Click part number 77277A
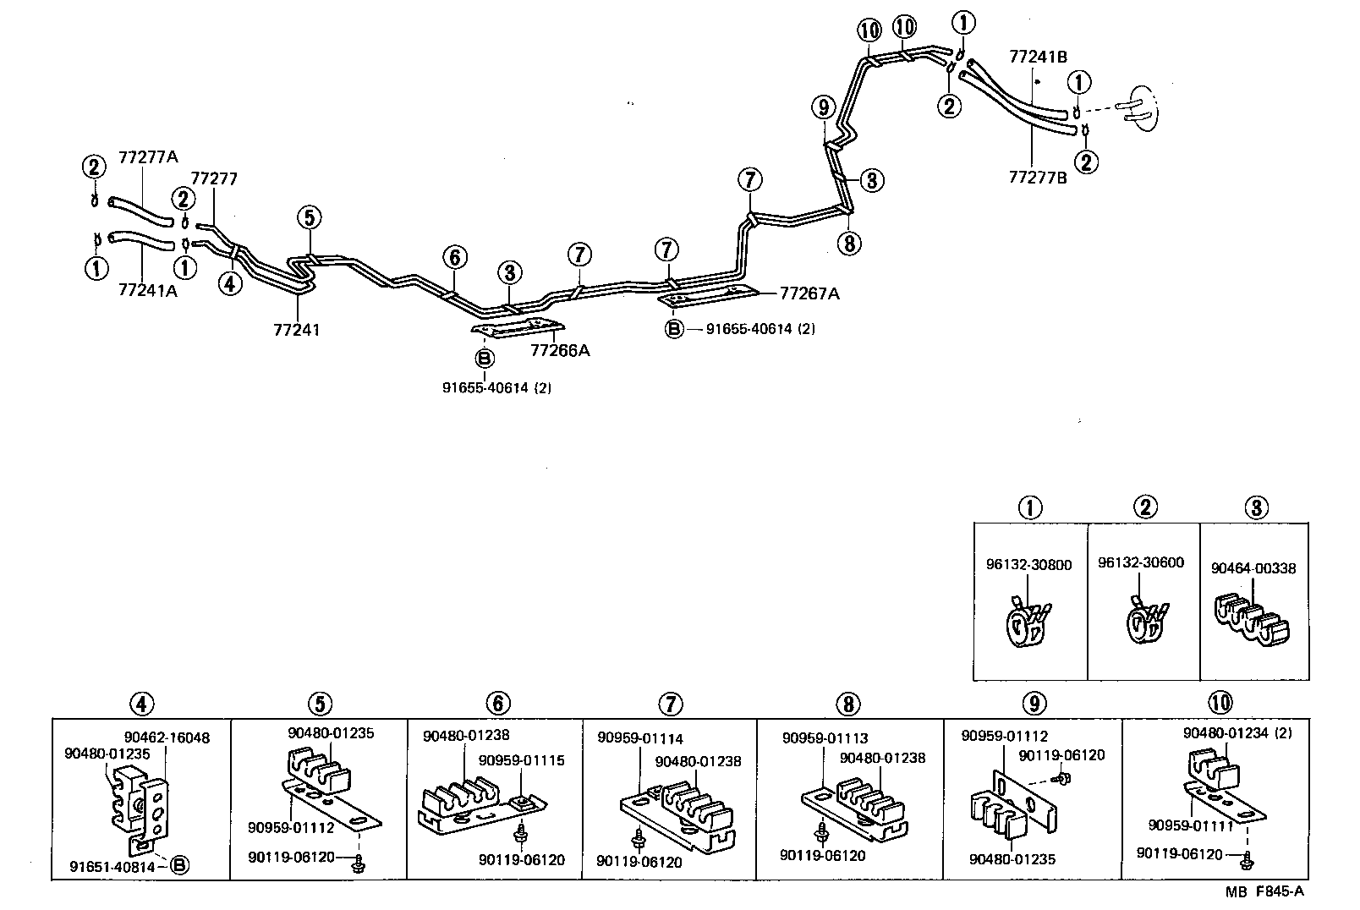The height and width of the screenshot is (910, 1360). click(x=149, y=156)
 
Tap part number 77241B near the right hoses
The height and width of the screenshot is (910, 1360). click(x=1038, y=57)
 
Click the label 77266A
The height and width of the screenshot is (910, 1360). click(x=560, y=350)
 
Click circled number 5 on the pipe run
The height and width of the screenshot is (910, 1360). click(x=310, y=218)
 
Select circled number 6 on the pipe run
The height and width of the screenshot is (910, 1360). click(x=454, y=256)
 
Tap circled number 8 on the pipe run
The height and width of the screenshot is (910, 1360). click(x=849, y=244)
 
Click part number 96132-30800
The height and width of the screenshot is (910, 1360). click(x=1028, y=564)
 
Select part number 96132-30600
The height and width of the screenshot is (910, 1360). click(x=1141, y=562)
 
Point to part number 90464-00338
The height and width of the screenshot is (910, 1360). click(x=1253, y=568)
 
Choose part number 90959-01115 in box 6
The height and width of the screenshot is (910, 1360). click(x=522, y=759)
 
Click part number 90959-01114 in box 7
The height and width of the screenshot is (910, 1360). click(x=640, y=738)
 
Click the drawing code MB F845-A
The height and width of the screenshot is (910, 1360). click(x=1265, y=892)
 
